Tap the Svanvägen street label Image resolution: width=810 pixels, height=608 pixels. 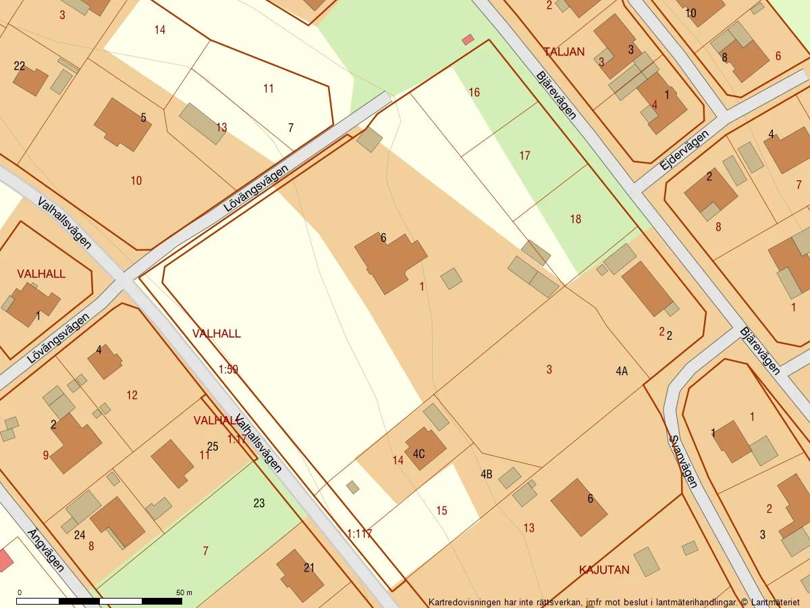(682, 461)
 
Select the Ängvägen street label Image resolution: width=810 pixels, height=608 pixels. (46, 551)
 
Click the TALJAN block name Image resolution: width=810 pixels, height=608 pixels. (564, 51)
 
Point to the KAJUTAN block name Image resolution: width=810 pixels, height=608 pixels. (604, 569)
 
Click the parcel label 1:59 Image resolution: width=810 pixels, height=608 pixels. (228, 370)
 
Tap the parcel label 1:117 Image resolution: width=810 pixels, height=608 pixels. (359, 534)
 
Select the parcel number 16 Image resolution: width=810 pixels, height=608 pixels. (474, 93)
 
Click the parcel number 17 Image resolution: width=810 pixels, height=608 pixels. (524, 156)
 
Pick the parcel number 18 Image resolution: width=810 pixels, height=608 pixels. (575, 219)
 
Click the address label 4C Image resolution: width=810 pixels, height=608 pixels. (418, 454)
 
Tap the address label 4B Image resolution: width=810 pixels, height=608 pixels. (486, 474)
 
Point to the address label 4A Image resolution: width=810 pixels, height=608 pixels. (622, 371)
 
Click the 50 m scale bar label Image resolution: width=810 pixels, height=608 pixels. (184, 592)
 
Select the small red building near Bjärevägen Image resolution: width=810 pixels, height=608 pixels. (468, 40)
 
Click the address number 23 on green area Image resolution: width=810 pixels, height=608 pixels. (259, 503)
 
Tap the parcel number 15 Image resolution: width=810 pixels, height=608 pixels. (441, 511)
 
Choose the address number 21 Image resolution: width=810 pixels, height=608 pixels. (309, 567)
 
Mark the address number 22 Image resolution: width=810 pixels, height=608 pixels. (20, 66)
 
